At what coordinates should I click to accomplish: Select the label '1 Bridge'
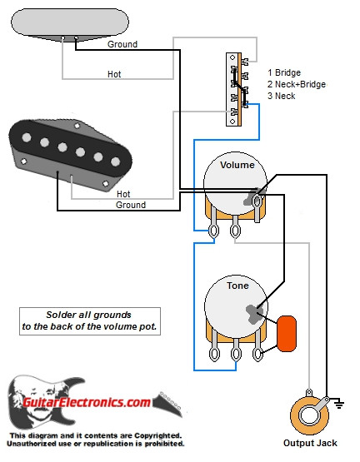(284, 73)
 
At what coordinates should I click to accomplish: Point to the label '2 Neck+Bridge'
(296, 85)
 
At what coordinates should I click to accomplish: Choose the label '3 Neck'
(282, 97)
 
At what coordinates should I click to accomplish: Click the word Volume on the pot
(237, 166)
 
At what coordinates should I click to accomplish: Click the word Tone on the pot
(237, 286)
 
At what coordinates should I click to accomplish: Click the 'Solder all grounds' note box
(89, 321)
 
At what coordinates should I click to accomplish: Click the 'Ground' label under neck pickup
(122, 44)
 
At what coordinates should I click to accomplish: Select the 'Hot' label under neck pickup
(113, 74)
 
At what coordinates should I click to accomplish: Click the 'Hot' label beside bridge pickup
(136, 194)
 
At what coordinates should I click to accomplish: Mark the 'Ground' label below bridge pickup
(131, 205)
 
